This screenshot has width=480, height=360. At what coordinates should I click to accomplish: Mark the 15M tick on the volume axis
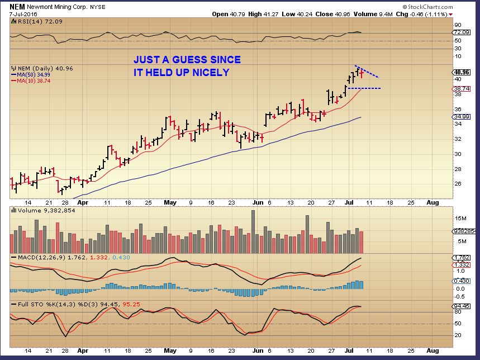click(460, 218)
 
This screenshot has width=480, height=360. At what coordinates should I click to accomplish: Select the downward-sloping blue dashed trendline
click(369, 72)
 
